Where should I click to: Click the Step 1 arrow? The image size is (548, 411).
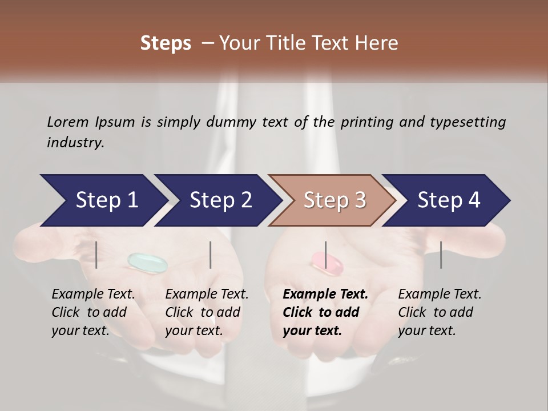tap(103, 200)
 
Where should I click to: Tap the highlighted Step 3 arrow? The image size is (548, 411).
tap(333, 200)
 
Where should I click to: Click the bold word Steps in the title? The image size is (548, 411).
tap(166, 43)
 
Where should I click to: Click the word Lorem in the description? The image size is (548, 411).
tap(67, 122)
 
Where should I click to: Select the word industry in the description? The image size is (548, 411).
tap(75, 143)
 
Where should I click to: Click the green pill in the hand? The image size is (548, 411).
tap(147, 262)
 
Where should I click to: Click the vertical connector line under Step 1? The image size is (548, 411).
tap(96, 255)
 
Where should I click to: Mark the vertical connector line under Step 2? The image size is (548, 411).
tap(211, 255)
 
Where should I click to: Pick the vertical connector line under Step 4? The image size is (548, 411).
tap(441, 255)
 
